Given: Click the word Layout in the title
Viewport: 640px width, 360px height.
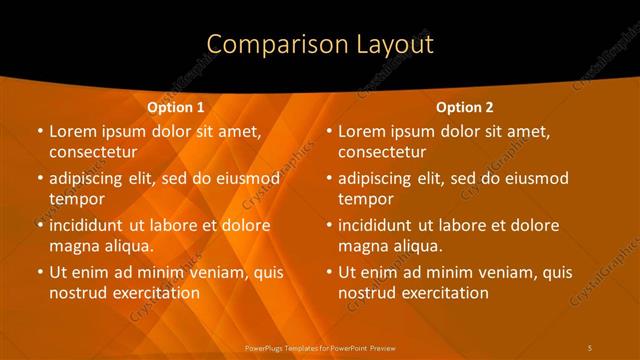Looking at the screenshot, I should (392, 44).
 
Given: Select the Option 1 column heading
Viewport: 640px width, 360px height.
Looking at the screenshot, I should (176, 107).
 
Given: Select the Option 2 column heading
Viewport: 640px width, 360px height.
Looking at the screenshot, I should (465, 107).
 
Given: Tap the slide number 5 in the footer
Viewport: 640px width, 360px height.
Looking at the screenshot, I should (591, 347).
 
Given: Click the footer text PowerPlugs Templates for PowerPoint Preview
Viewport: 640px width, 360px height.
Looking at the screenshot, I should (320, 347).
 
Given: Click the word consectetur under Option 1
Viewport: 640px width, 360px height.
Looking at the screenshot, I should (92, 152).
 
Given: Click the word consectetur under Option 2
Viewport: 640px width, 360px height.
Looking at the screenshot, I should (382, 152).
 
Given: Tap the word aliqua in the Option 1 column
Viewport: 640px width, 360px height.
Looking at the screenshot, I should (124, 246).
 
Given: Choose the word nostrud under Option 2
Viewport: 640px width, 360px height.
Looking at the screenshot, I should (366, 293).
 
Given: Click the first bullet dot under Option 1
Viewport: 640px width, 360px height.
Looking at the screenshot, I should (39, 131).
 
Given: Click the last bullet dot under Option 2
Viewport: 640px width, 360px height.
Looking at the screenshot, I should (329, 272).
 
